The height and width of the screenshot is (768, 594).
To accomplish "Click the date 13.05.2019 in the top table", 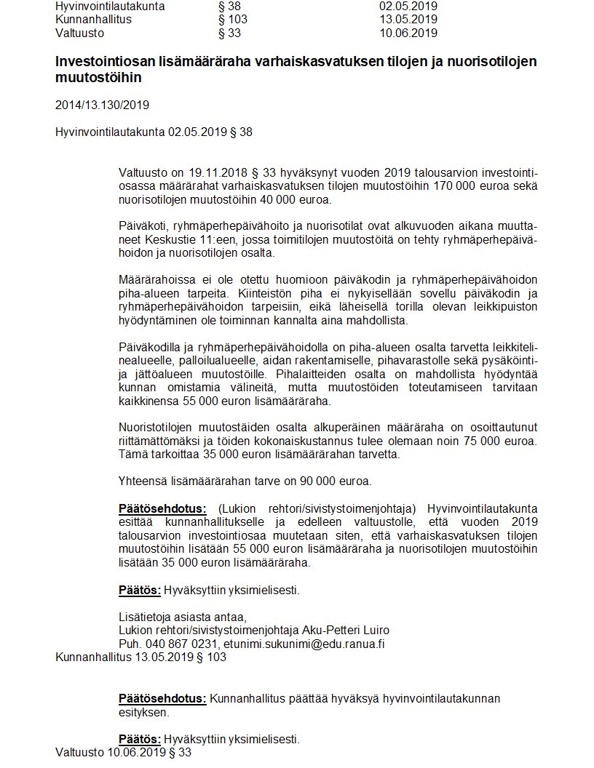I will click(x=408, y=20).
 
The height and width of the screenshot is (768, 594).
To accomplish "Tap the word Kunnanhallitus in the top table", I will click(x=93, y=20).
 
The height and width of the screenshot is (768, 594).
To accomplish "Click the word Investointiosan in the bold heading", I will click(x=100, y=62).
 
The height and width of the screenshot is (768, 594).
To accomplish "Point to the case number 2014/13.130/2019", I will click(x=102, y=105).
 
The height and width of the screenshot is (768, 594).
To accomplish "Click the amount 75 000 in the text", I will click(x=454, y=440).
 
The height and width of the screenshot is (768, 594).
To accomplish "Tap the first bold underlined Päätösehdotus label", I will click(x=162, y=508).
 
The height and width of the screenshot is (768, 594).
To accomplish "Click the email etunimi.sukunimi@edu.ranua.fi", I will click(x=305, y=644).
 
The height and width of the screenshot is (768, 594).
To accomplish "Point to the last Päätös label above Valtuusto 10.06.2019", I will click(x=140, y=739).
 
